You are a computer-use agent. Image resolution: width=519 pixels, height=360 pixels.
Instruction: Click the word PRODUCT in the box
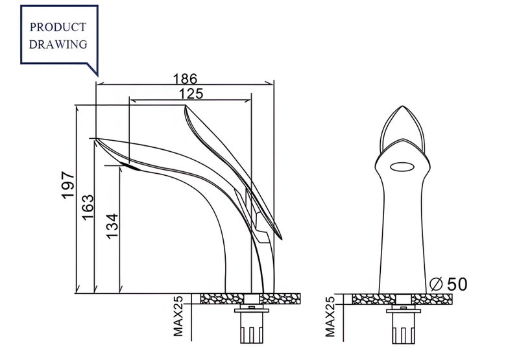[x=58, y=27]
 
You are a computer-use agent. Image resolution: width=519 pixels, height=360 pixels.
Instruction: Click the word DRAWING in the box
[x=58, y=44]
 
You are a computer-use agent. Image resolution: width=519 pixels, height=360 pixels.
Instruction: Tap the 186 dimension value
[x=185, y=78]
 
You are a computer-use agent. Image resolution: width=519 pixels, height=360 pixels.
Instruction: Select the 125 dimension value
[x=191, y=94]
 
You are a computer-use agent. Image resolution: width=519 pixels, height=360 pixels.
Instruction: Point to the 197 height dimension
[x=68, y=185]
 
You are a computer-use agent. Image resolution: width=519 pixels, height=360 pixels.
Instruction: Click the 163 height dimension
[x=88, y=208]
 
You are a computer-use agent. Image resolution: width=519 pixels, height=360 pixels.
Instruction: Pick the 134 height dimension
[x=112, y=226]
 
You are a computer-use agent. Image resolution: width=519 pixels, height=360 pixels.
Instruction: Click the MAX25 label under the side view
[x=178, y=317]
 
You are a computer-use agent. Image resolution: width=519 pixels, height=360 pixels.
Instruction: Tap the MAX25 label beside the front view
[x=330, y=317]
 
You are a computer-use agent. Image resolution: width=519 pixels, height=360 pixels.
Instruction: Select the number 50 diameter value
[x=457, y=284]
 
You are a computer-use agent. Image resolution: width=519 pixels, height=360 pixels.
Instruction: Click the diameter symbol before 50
[x=436, y=284]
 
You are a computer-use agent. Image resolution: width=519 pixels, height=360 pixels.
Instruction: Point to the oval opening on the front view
[x=402, y=167]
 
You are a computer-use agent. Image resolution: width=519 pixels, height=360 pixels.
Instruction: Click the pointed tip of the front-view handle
[x=402, y=106]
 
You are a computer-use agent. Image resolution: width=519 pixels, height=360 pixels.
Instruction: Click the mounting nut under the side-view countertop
[x=252, y=310]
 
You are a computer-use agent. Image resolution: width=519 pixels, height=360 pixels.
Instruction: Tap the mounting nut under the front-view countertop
[x=404, y=310]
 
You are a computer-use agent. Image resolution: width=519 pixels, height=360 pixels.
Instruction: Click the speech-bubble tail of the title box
[x=93, y=69]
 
